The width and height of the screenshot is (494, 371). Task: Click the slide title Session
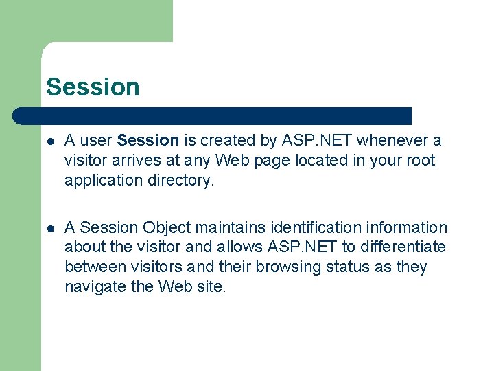(x=93, y=87)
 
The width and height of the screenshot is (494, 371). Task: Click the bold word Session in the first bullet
(x=148, y=141)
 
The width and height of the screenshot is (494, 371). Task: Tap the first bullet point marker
(x=49, y=141)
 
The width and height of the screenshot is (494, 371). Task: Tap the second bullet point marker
(x=49, y=228)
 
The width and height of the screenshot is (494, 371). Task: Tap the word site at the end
(x=211, y=287)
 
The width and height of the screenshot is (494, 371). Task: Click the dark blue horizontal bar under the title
(x=213, y=115)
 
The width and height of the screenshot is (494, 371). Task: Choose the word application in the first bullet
(x=104, y=181)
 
